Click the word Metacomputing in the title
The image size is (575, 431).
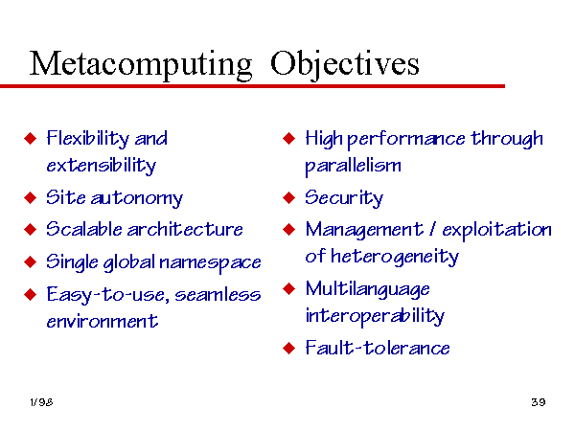[x=141, y=65]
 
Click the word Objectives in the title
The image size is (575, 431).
[x=345, y=65]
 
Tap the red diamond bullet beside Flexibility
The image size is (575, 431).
[x=30, y=139]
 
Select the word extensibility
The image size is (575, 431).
[x=102, y=166]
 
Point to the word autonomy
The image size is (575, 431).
[x=137, y=198]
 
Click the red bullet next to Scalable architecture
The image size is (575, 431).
[x=30, y=230]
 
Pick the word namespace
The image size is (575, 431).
[x=210, y=262]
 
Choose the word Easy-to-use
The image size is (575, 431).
[x=107, y=295]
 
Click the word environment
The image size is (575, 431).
[x=103, y=322]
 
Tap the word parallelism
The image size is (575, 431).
[x=353, y=166]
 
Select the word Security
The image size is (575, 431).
[x=344, y=198]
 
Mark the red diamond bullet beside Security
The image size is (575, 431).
[x=289, y=198]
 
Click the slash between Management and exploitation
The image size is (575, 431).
[x=433, y=230]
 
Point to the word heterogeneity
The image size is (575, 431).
[x=395, y=257]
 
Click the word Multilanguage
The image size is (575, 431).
[x=367, y=289]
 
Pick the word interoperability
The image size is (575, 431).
[x=375, y=315]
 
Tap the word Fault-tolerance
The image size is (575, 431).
[x=378, y=348]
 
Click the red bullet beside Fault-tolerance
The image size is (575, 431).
[x=289, y=348]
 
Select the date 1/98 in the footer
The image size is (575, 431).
[x=41, y=402]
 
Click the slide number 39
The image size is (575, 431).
[x=539, y=402]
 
